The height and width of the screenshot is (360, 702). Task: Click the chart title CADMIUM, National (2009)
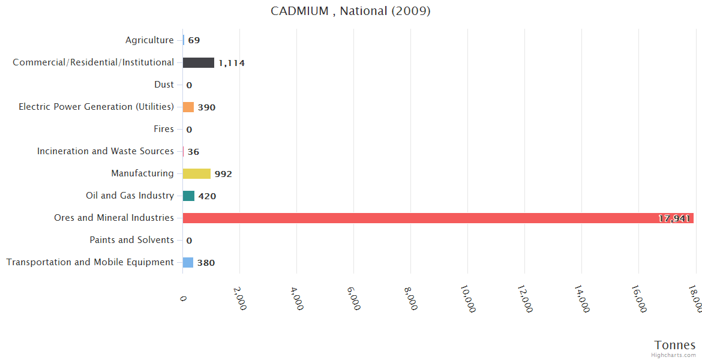click(x=350, y=11)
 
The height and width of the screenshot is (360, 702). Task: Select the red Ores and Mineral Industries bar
click(x=438, y=218)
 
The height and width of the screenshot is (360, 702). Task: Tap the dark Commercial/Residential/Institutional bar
click(x=198, y=62)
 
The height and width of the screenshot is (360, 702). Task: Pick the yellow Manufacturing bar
click(x=196, y=173)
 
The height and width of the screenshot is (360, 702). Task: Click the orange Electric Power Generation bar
click(x=188, y=107)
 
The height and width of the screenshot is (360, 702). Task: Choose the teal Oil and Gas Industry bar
click(x=188, y=196)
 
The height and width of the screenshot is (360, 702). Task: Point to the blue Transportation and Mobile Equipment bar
click(x=188, y=262)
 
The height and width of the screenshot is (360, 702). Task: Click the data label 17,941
click(x=674, y=218)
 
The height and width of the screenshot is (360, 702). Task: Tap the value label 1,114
click(x=232, y=63)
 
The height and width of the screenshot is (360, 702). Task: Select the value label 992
click(x=223, y=174)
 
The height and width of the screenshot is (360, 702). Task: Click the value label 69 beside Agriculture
click(x=194, y=41)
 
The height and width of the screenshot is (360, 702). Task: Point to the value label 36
click(x=193, y=152)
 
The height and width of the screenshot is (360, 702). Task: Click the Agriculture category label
click(x=149, y=40)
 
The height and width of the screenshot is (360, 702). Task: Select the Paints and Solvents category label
click(x=131, y=240)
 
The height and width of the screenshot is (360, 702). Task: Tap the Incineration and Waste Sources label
click(x=106, y=151)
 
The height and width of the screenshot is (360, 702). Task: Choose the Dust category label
click(x=164, y=85)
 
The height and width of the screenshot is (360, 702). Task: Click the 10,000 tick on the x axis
click(x=468, y=299)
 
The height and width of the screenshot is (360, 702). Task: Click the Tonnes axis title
click(x=674, y=345)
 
